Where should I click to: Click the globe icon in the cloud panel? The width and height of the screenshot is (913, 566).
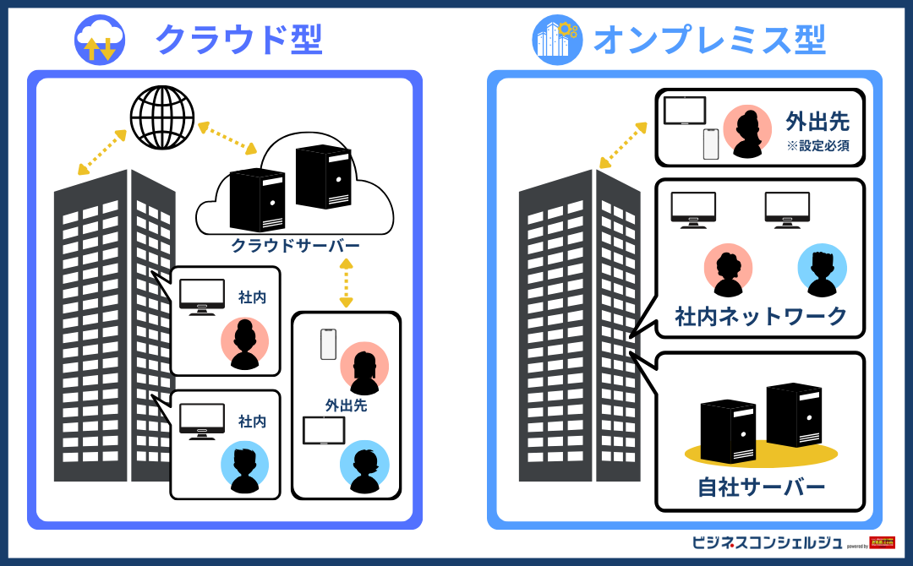pyautogui.click(x=161, y=117)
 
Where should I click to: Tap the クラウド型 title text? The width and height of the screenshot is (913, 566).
pyautogui.click(x=239, y=40)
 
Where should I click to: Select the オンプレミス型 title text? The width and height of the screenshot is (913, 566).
pyautogui.click(x=709, y=40)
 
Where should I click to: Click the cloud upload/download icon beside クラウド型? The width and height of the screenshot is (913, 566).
pyautogui.click(x=100, y=40)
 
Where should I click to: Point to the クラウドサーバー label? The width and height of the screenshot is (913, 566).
pyautogui.click(x=296, y=246)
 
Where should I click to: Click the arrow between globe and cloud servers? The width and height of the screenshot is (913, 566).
pyautogui.click(x=227, y=138)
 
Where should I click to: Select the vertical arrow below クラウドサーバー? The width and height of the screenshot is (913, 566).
pyautogui.click(x=346, y=283)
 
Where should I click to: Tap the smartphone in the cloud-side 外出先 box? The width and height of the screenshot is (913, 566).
pyautogui.click(x=328, y=344)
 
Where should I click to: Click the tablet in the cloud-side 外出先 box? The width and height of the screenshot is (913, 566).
pyautogui.click(x=324, y=431)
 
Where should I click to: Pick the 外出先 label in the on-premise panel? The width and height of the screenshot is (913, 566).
pyautogui.click(x=817, y=121)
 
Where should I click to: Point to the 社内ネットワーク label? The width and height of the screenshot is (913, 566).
pyautogui.click(x=761, y=317)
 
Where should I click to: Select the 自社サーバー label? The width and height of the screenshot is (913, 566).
pyautogui.click(x=761, y=487)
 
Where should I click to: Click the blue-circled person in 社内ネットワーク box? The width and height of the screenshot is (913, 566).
pyautogui.click(x=822, y=269)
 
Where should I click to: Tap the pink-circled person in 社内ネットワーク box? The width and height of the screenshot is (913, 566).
pyautogui.click(x=728, y=269)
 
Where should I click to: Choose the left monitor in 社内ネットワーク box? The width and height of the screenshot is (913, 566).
pyautogui.click(x=693, y=210)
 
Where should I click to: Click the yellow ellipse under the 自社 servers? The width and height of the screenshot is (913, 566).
pyautogui.click(x=761, y=454)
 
